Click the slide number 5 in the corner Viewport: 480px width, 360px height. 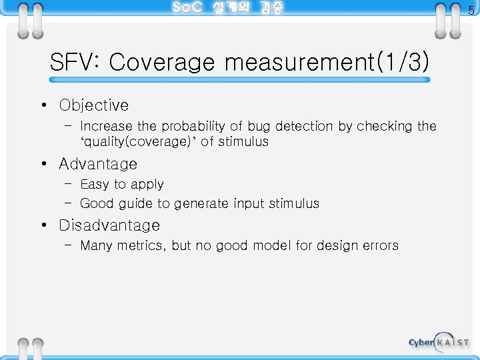tap(471, 10)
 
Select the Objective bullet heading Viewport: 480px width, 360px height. tap(93, 105)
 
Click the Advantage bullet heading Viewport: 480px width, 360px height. tap(98, 164)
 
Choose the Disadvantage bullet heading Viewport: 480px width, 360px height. tap(109, 225)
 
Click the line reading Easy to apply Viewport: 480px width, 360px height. tap(121, 185)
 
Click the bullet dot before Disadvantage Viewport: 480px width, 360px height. tap(42, 226)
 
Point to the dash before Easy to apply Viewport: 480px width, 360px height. tap(69, 185)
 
